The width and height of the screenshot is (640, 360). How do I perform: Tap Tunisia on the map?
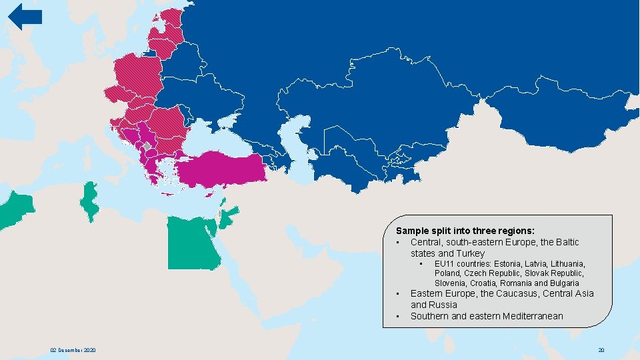coord(87,199)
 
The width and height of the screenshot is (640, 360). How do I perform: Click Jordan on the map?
coord(228,217)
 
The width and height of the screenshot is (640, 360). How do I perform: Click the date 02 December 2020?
coord(73,350)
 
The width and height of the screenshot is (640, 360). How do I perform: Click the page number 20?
coord(601,350)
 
